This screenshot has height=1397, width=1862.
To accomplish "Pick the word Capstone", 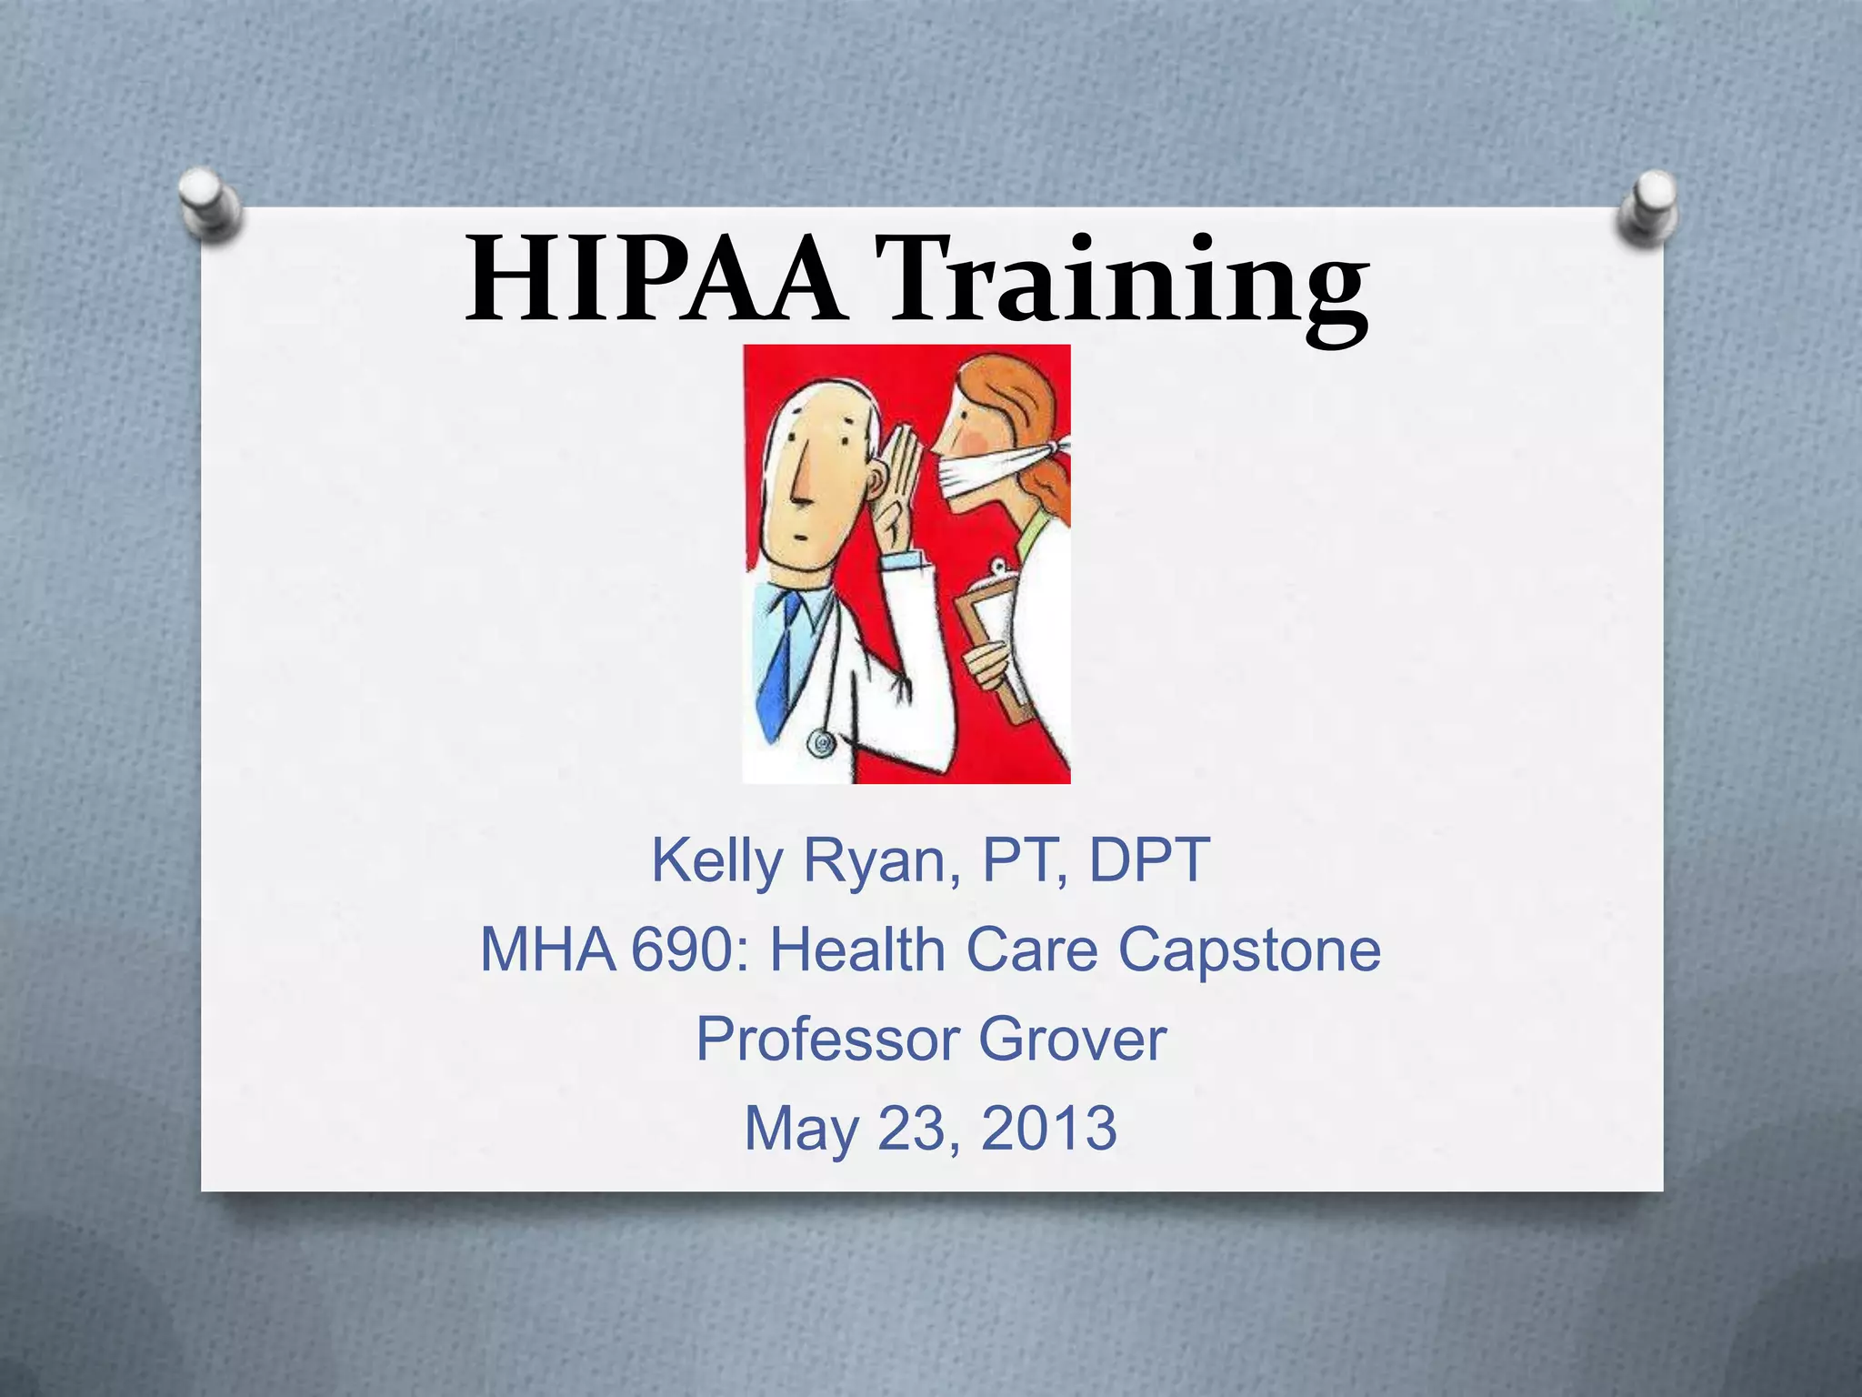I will coord(1249,951).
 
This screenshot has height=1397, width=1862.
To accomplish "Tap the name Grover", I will coord(1072,1039).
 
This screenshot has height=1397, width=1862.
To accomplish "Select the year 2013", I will coord(1049,1128).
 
